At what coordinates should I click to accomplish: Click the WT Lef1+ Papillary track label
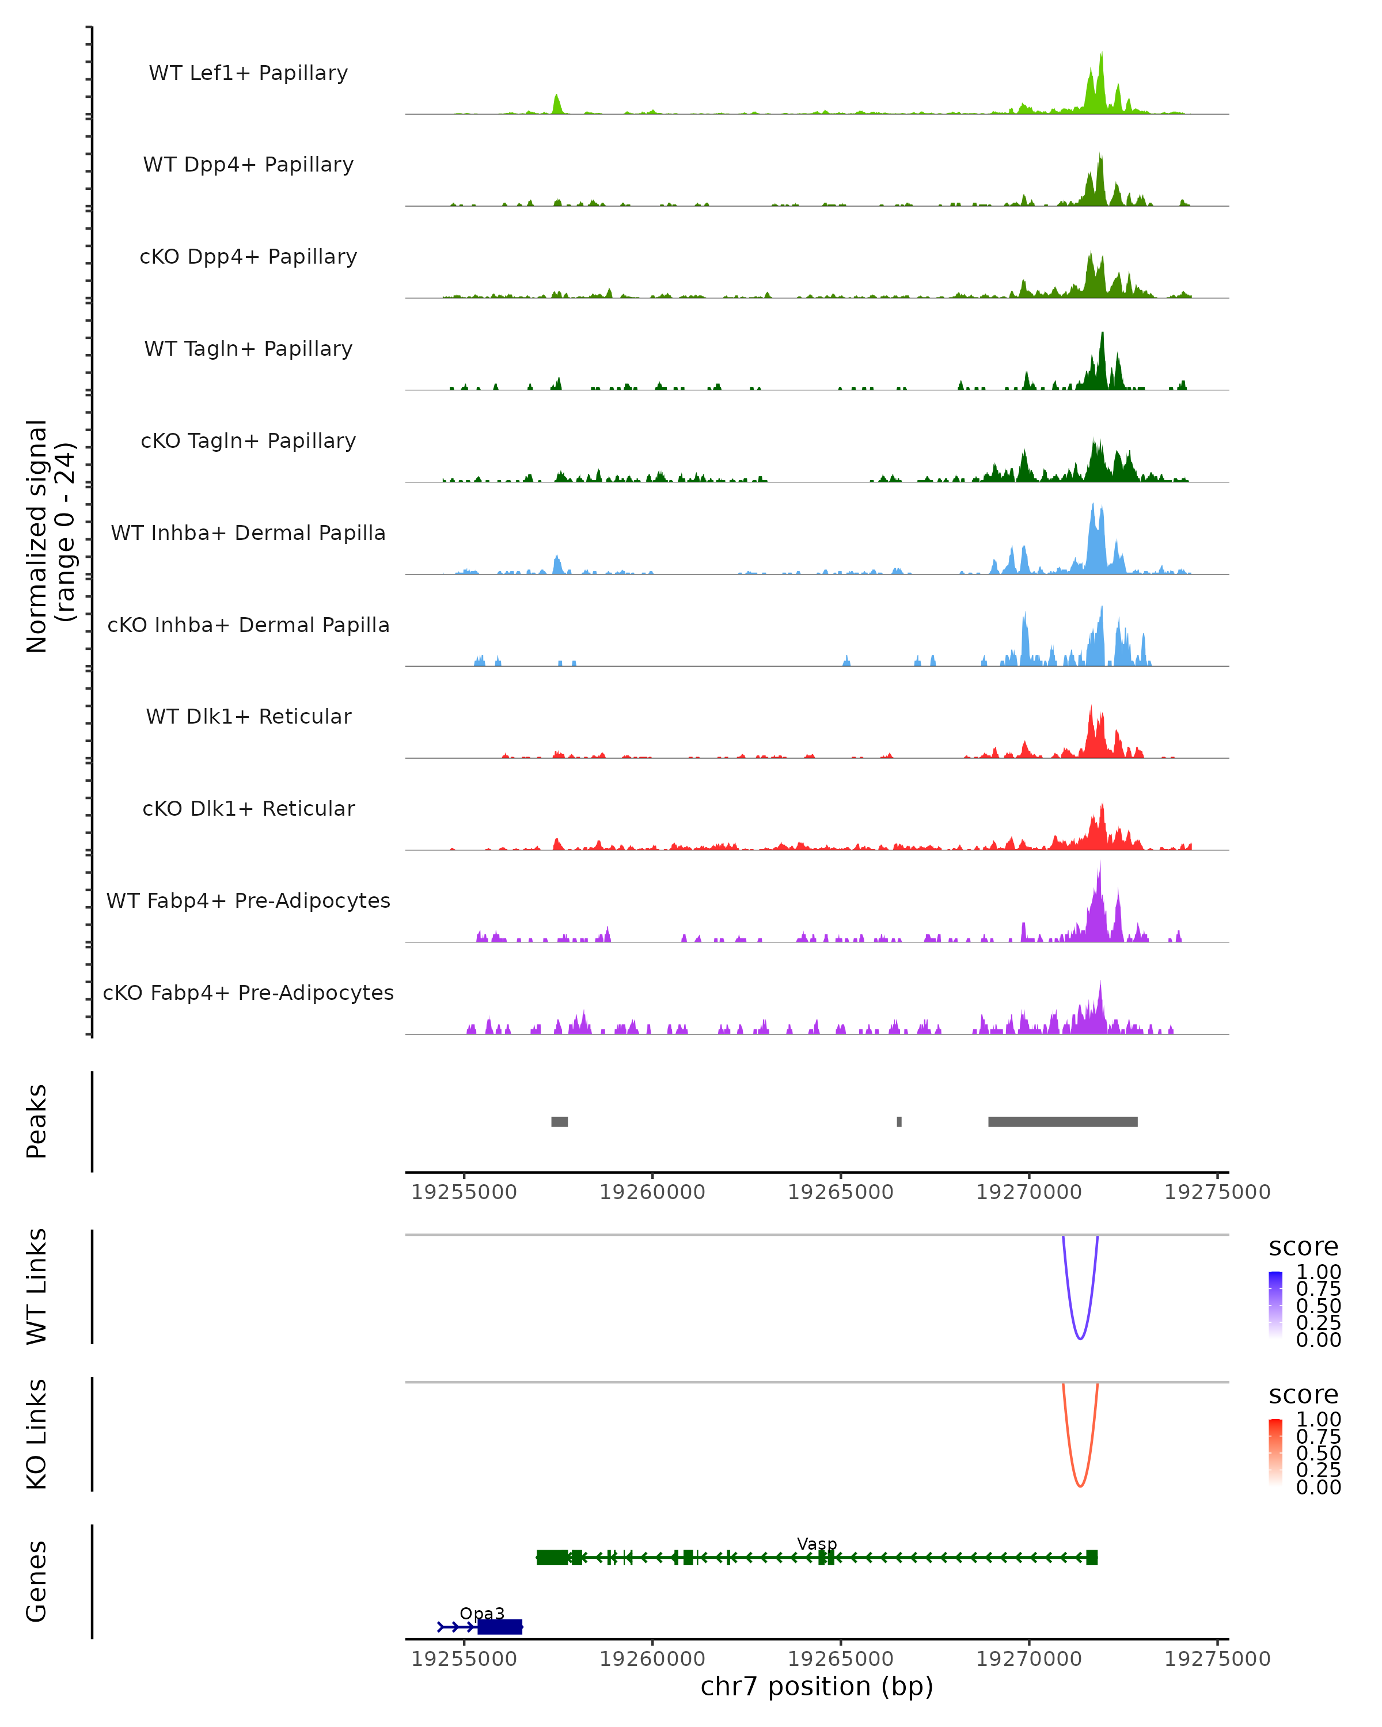pos(248,73)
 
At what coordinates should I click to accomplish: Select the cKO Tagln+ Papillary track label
pos(248,440)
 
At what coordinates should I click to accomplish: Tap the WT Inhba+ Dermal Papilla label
pos(248,532)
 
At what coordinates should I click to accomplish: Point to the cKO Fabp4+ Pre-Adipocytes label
pos(248,992)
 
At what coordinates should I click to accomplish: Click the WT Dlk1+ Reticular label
pos(248,716)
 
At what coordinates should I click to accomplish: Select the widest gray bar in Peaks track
pos(1062,1121)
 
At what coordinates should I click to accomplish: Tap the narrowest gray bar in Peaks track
pos(899,1121)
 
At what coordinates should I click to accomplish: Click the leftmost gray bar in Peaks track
pos(559,1121)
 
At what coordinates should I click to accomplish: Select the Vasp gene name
pos(817,1543)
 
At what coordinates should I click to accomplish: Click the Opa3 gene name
pos(481,1613)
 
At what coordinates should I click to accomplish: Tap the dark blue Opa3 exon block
pos(500,1627)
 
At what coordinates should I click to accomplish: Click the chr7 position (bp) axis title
pos(817,1686)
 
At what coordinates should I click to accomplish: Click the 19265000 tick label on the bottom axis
pos(840,1658)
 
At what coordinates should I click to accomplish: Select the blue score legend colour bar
pos(1275,1304)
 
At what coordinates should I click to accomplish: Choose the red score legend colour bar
pos(1275,1451)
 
